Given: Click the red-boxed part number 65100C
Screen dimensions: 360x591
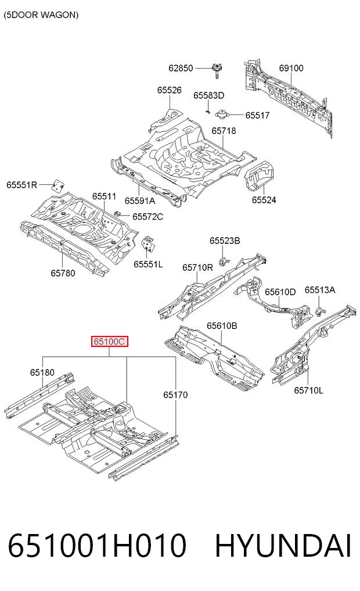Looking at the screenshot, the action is click(x=109, y=342).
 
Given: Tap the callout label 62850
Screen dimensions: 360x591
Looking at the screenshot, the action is click(x=181, y=68).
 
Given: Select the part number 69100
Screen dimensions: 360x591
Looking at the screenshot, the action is click(x=291, y=68).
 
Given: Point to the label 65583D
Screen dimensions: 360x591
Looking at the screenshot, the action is click(x=208, y=95).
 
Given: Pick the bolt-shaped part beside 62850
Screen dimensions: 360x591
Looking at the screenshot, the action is click(x=217, y=70).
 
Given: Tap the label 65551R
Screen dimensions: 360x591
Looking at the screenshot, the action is click(x=22, y=185).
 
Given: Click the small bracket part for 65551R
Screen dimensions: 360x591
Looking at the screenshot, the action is click(x=58, y=185).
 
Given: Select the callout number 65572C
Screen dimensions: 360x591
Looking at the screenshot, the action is click(x=147, y=216).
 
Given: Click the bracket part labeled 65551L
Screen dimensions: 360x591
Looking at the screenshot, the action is click(x=149, y=243).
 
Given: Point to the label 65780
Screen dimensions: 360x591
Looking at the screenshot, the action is click(x=63, y=273).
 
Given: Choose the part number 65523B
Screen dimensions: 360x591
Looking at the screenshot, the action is click(x=225, y=241).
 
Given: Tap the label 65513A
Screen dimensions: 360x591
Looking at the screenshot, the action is click(x=320, y=289).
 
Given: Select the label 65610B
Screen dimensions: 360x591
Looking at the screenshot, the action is click(x=222, y=325).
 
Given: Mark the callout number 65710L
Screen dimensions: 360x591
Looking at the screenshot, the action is click(x=308, y=390).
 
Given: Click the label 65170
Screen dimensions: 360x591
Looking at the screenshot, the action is click(x=175, y=395).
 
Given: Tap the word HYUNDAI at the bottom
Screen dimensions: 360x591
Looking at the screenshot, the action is click(x=283, y=546).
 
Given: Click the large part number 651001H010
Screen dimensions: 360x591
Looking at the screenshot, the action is click(x=97, y=546).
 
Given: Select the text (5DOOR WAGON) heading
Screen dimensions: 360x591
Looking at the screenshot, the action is click(x=41, y=15).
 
